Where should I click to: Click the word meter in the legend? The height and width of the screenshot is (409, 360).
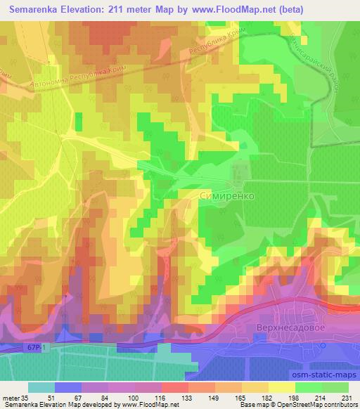[11, 398]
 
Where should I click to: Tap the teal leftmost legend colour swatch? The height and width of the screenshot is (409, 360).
[41, 387]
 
